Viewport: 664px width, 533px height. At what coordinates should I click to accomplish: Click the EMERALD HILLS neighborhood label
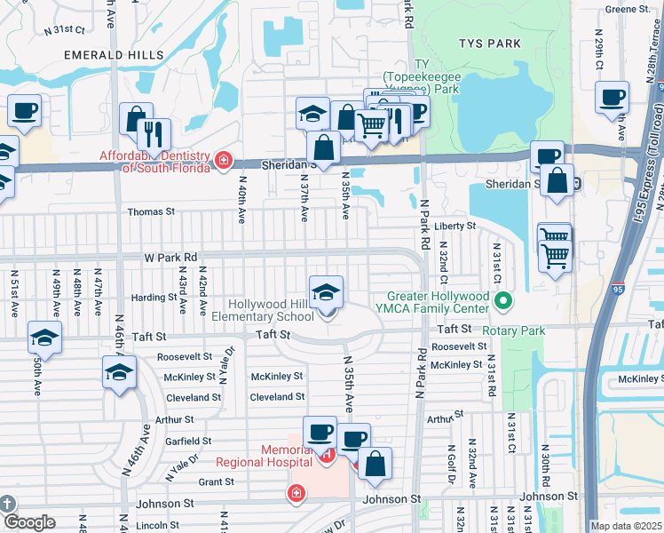point(114,54)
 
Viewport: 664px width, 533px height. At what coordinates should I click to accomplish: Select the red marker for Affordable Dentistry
point(224,160)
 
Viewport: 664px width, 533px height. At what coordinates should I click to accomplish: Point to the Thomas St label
point(152,212)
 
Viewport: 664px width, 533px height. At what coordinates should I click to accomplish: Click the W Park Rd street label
point(171,258)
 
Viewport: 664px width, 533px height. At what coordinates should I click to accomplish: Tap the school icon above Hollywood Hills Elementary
point(326,291)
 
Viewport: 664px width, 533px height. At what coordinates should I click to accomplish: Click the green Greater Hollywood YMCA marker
point(503,302)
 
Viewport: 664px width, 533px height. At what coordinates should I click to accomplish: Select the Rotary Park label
point(512,330)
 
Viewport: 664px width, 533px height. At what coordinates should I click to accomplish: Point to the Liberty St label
point(455,227)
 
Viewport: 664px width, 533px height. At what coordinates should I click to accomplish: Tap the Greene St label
point(628,9)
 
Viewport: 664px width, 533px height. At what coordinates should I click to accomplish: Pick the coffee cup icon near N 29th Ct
point(612,99)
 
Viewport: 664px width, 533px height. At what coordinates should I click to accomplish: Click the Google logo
point(28,522)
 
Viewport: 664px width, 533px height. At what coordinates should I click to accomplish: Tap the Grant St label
point(216,482)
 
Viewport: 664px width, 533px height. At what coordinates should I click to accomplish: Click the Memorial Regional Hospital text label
point(264,456)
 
